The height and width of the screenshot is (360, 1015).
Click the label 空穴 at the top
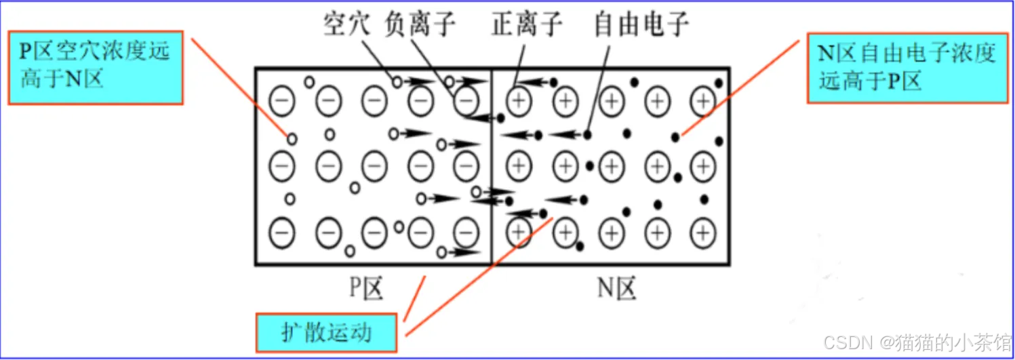(346, 26)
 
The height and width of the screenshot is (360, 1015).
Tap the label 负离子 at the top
(420, 26)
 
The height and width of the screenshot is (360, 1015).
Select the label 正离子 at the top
(527, 26)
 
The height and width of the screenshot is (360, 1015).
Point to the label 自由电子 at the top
(641, 26)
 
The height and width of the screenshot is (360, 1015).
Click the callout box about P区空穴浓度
(95, 66)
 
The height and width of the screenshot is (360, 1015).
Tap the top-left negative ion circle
(283, 102)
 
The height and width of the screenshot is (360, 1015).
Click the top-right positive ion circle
(703, 102)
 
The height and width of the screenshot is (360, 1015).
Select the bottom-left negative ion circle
(283, 233)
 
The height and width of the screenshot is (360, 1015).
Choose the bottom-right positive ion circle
(703, 233)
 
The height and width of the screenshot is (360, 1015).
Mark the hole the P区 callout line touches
(292, 139)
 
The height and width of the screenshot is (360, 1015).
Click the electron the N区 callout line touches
(675, 138)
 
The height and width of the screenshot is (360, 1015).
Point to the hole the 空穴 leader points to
(397, 82)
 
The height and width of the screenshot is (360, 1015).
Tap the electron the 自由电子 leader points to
(586, 134)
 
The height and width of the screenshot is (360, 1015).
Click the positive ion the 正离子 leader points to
(519, 102)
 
